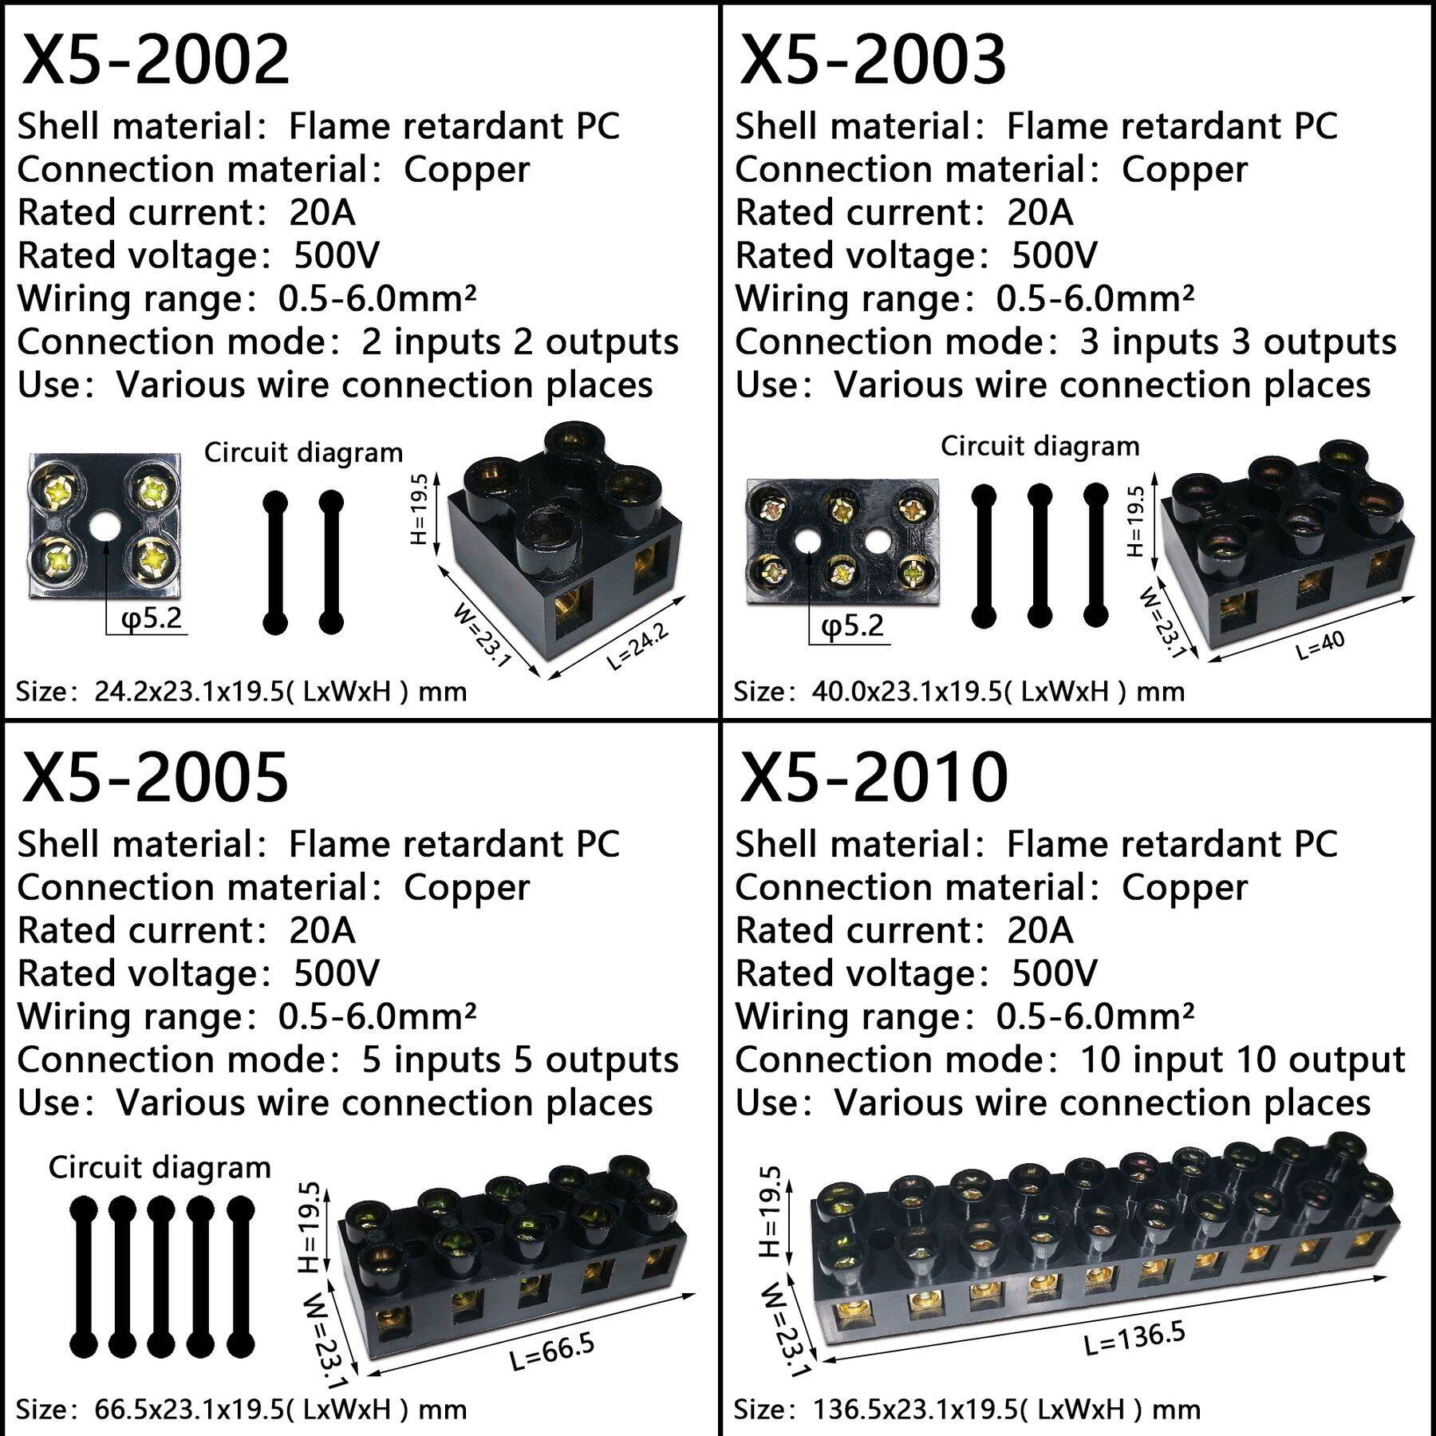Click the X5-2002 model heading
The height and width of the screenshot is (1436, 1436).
tap(156, 60)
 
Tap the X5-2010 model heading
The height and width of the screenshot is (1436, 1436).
tap(874, 778)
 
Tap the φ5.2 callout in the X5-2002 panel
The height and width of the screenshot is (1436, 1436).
tap(152, 617)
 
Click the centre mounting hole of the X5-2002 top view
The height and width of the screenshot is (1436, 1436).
tap(104, 527)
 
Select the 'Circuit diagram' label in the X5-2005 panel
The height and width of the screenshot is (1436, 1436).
tap(160, 1167)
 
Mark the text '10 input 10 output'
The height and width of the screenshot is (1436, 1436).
tap(1242, 1059)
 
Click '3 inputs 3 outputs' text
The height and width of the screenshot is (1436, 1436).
tap(1237, 341)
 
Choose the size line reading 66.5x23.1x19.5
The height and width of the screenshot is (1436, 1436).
tap(241, 1409)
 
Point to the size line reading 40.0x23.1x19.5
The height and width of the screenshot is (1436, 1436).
tap(959, 691)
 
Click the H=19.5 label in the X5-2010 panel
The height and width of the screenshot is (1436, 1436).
tap(770, 1211)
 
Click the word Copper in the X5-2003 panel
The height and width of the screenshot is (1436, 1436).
tap(1184, 170)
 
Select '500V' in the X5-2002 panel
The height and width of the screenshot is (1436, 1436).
tap(337, 255)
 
